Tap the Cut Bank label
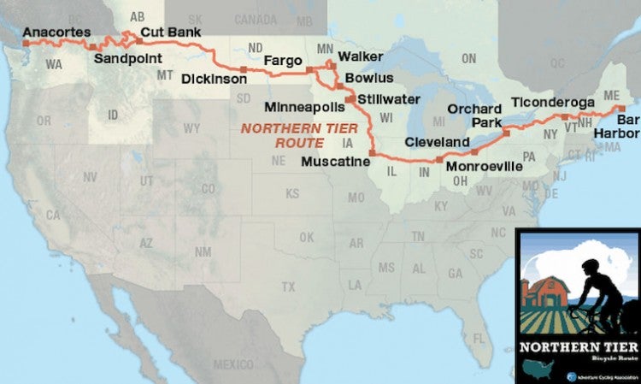point(170,33)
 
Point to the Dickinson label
point(215,80)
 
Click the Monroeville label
point(483,167)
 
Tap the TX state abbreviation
point(288,286)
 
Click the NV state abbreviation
point(89,176)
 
